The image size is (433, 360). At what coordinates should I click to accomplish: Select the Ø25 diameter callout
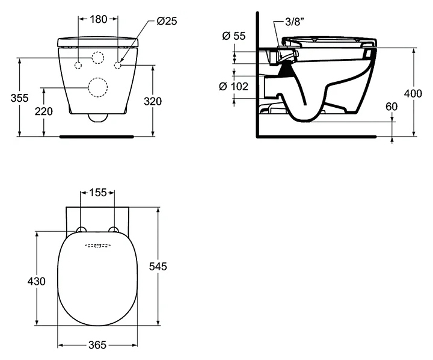pos(166,20)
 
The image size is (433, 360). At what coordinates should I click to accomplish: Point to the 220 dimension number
pos(43,111)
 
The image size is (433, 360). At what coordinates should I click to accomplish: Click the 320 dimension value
pos(153,101)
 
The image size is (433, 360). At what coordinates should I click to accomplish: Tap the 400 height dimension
pos(413,93)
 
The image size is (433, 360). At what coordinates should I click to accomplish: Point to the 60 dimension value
pos(392,107)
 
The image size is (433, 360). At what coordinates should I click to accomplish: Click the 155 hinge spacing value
pos(97,193)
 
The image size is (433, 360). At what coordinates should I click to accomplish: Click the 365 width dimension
pos(97,345)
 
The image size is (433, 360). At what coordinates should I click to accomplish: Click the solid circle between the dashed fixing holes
pos(97,58)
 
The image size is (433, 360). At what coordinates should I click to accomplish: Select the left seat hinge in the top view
pos(81,229)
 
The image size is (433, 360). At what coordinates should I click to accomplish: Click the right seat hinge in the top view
pos(114,229)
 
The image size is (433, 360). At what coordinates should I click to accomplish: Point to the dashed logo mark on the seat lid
pos(97,246)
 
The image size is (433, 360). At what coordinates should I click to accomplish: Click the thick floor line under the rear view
pos(97,136)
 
